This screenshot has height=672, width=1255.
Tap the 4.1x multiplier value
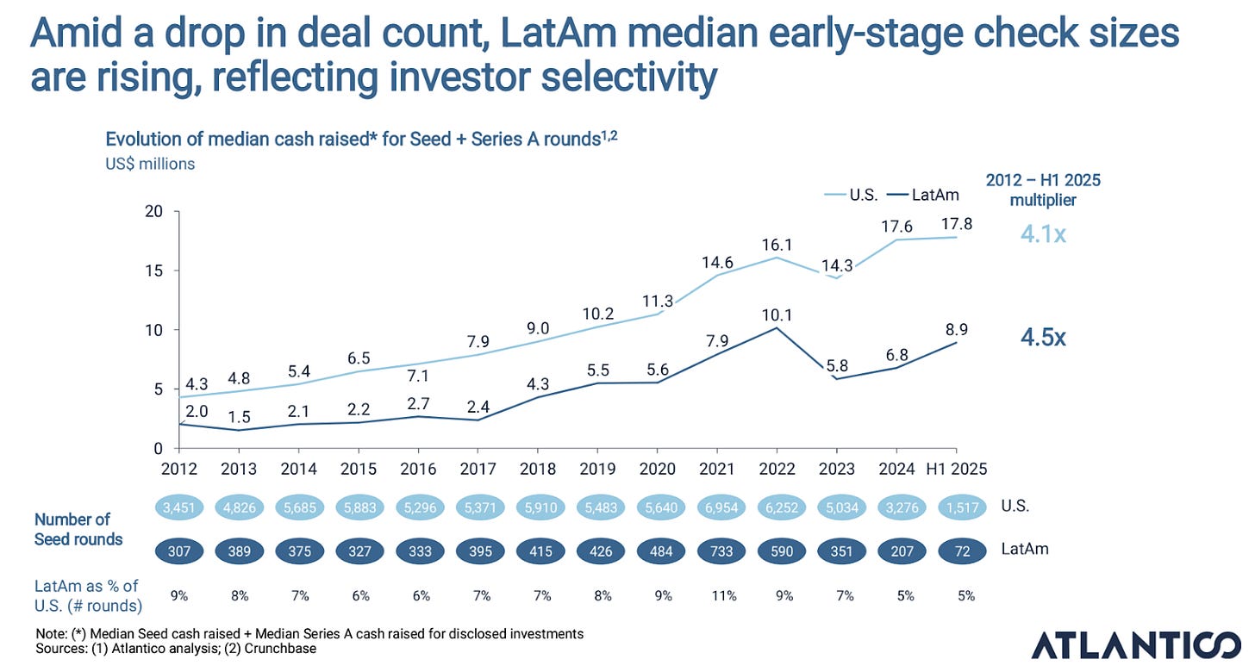1044,233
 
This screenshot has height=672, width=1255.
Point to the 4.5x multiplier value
1044,337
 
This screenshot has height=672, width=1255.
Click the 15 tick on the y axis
153,271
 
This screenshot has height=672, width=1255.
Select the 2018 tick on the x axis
537,470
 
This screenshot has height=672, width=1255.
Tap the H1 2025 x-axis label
956,470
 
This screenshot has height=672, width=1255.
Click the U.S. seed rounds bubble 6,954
716,508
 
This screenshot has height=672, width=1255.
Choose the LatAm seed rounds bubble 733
716,549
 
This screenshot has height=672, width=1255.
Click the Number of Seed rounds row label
78,529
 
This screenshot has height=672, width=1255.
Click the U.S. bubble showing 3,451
178,508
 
